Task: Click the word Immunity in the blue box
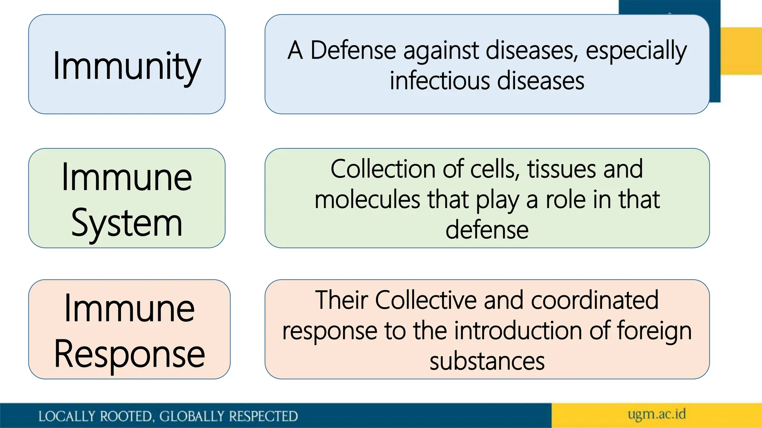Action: (127, 66)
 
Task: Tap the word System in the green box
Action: (127, 223)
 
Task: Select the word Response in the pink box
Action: (129, 354)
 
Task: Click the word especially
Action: (636, 51)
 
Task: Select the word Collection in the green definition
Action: (383, 169)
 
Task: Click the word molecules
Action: (368, 200)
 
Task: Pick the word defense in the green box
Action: (487, 230)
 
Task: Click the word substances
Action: (487, 361)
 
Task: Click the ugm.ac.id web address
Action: (656, 414)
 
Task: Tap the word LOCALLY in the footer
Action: (67, 416)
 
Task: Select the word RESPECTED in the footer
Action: (263, 416)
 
